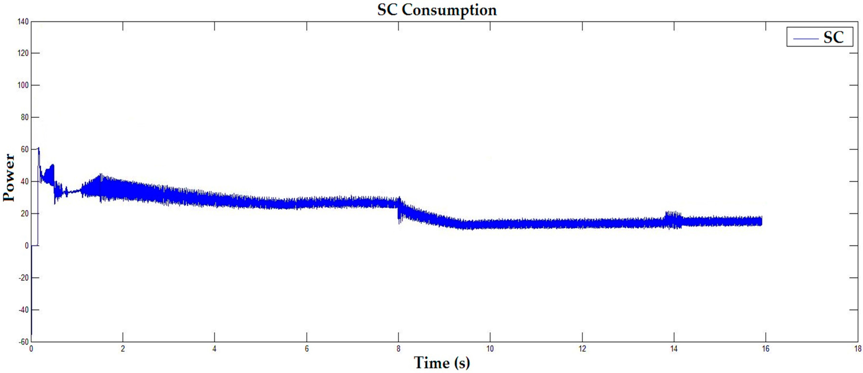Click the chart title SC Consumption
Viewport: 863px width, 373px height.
pyautogui.click(x=437, y=10)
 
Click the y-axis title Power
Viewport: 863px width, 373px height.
pyautogui.click(x=9, y=178)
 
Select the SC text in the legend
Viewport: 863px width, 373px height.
pyautogui.click(x=833, y=37)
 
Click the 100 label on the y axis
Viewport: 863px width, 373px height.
pyautogui.click(x=23, y=85)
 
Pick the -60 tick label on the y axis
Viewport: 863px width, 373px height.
pyautogui.click(x=23, y=342)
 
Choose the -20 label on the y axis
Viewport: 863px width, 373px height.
pyautogui.click(x=23, y=278)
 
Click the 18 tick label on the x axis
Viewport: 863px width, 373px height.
pyautogui.click(x=857, y=349)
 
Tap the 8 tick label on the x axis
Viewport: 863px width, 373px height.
pyautogui.click(x=398, y=349)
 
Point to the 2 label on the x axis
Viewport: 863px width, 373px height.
pyautogui.click(x=123, y=349)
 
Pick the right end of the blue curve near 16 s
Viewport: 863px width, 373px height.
pyautogui.click(x=761, y=221)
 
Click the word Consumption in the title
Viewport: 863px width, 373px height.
pyautogui.click(x=449, y=10)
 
